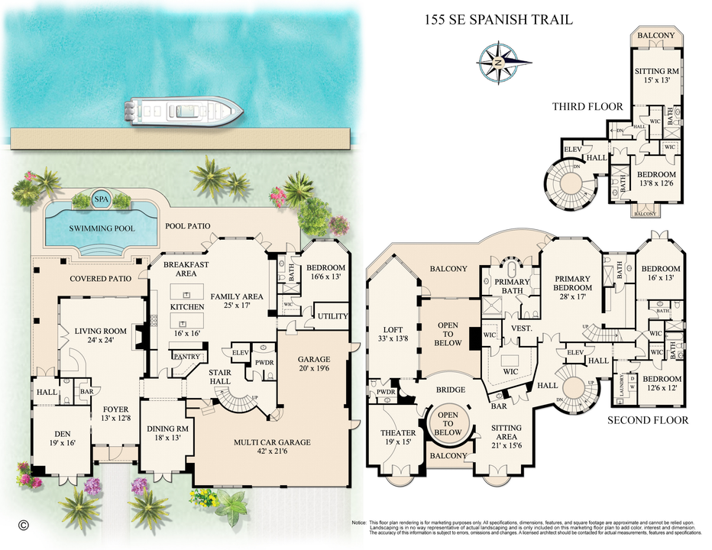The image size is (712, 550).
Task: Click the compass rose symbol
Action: pos(497,61)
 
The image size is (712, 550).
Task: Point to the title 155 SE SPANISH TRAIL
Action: pos(498,20)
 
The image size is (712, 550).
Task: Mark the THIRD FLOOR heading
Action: pos(587,107)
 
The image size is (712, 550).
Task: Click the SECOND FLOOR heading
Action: pos(648,420)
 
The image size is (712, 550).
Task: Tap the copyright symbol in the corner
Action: pos(24,525)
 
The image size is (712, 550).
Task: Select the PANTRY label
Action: pos(186,357)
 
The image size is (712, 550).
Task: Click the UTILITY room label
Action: pos(332,316)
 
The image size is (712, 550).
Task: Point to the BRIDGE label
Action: pos(450,390)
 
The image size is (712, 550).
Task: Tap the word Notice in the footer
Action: pos(359,521)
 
